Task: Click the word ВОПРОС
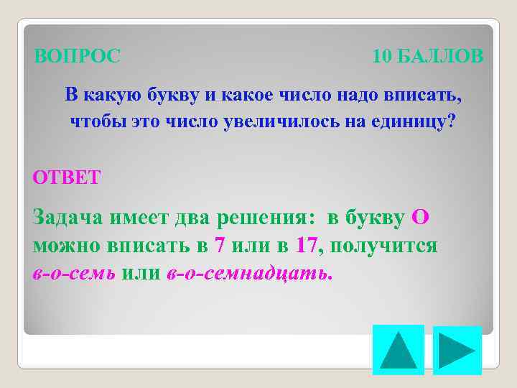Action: pyautogui.click(x=78, y=55)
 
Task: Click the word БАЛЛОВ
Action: pyautogui.click(x=440, y=55)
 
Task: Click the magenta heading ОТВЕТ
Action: pyautogui.click(x=67, y=177)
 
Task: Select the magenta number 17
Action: pyautogui.click(x=307, y=246)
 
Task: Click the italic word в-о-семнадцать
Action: pyautogui.click(x=249, y=274)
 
